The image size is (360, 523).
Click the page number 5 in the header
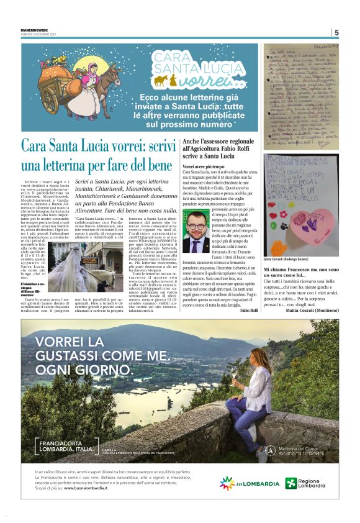[x=336, y=32]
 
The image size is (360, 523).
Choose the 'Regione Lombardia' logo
[x=313, y=483]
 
